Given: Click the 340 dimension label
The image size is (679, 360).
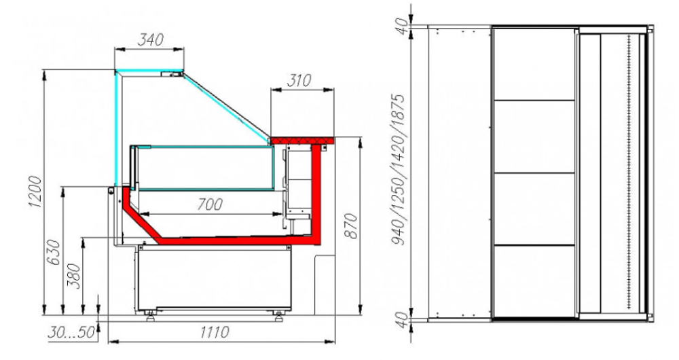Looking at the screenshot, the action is coord(150,39).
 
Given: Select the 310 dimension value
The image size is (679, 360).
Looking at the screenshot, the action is coord(299,81).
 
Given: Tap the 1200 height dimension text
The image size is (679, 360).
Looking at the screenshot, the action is coord(35,192).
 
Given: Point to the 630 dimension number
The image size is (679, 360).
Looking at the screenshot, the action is coord(54,253).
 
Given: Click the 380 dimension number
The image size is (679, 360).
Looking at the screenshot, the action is coord(73,276).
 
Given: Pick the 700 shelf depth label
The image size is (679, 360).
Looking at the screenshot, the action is coord(210,204).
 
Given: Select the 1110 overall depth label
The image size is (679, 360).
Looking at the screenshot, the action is coord(215,332).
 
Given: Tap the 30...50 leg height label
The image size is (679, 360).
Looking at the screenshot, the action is coord(71,332).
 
